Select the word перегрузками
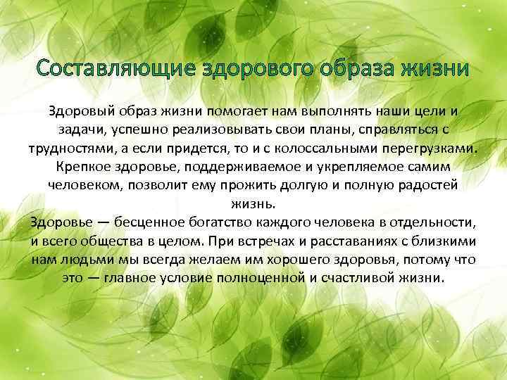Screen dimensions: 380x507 tap(438, 149)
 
